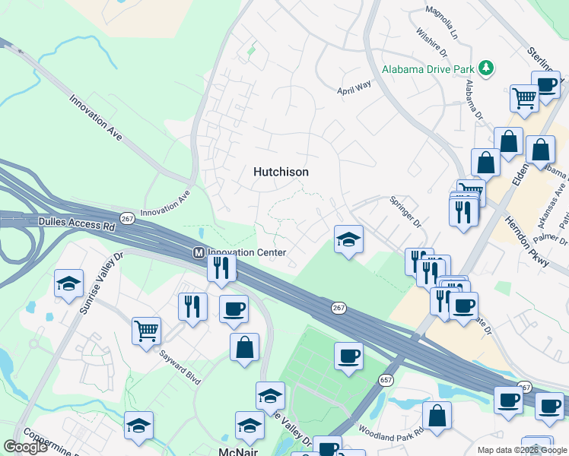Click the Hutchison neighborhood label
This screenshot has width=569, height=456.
click(x=281, y=173)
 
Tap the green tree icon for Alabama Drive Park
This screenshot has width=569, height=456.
click(x=487, y=68)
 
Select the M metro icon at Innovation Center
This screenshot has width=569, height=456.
click(x=198, y=252)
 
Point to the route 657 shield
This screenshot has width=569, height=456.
click(x=386, y=380)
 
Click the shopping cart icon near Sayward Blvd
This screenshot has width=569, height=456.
click(x=146, y=331)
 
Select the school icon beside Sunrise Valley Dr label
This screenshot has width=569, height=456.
click(x=69, y=283)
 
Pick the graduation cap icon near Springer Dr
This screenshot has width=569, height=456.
click(x=348, y=239)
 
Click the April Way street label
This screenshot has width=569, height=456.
click(x=354, y=87)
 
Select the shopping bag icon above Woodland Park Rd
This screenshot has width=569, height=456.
click(x=437, y=415)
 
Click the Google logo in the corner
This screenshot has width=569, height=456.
click(x=26, y=447)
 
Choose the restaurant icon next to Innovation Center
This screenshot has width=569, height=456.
click(x=221, y=268)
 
